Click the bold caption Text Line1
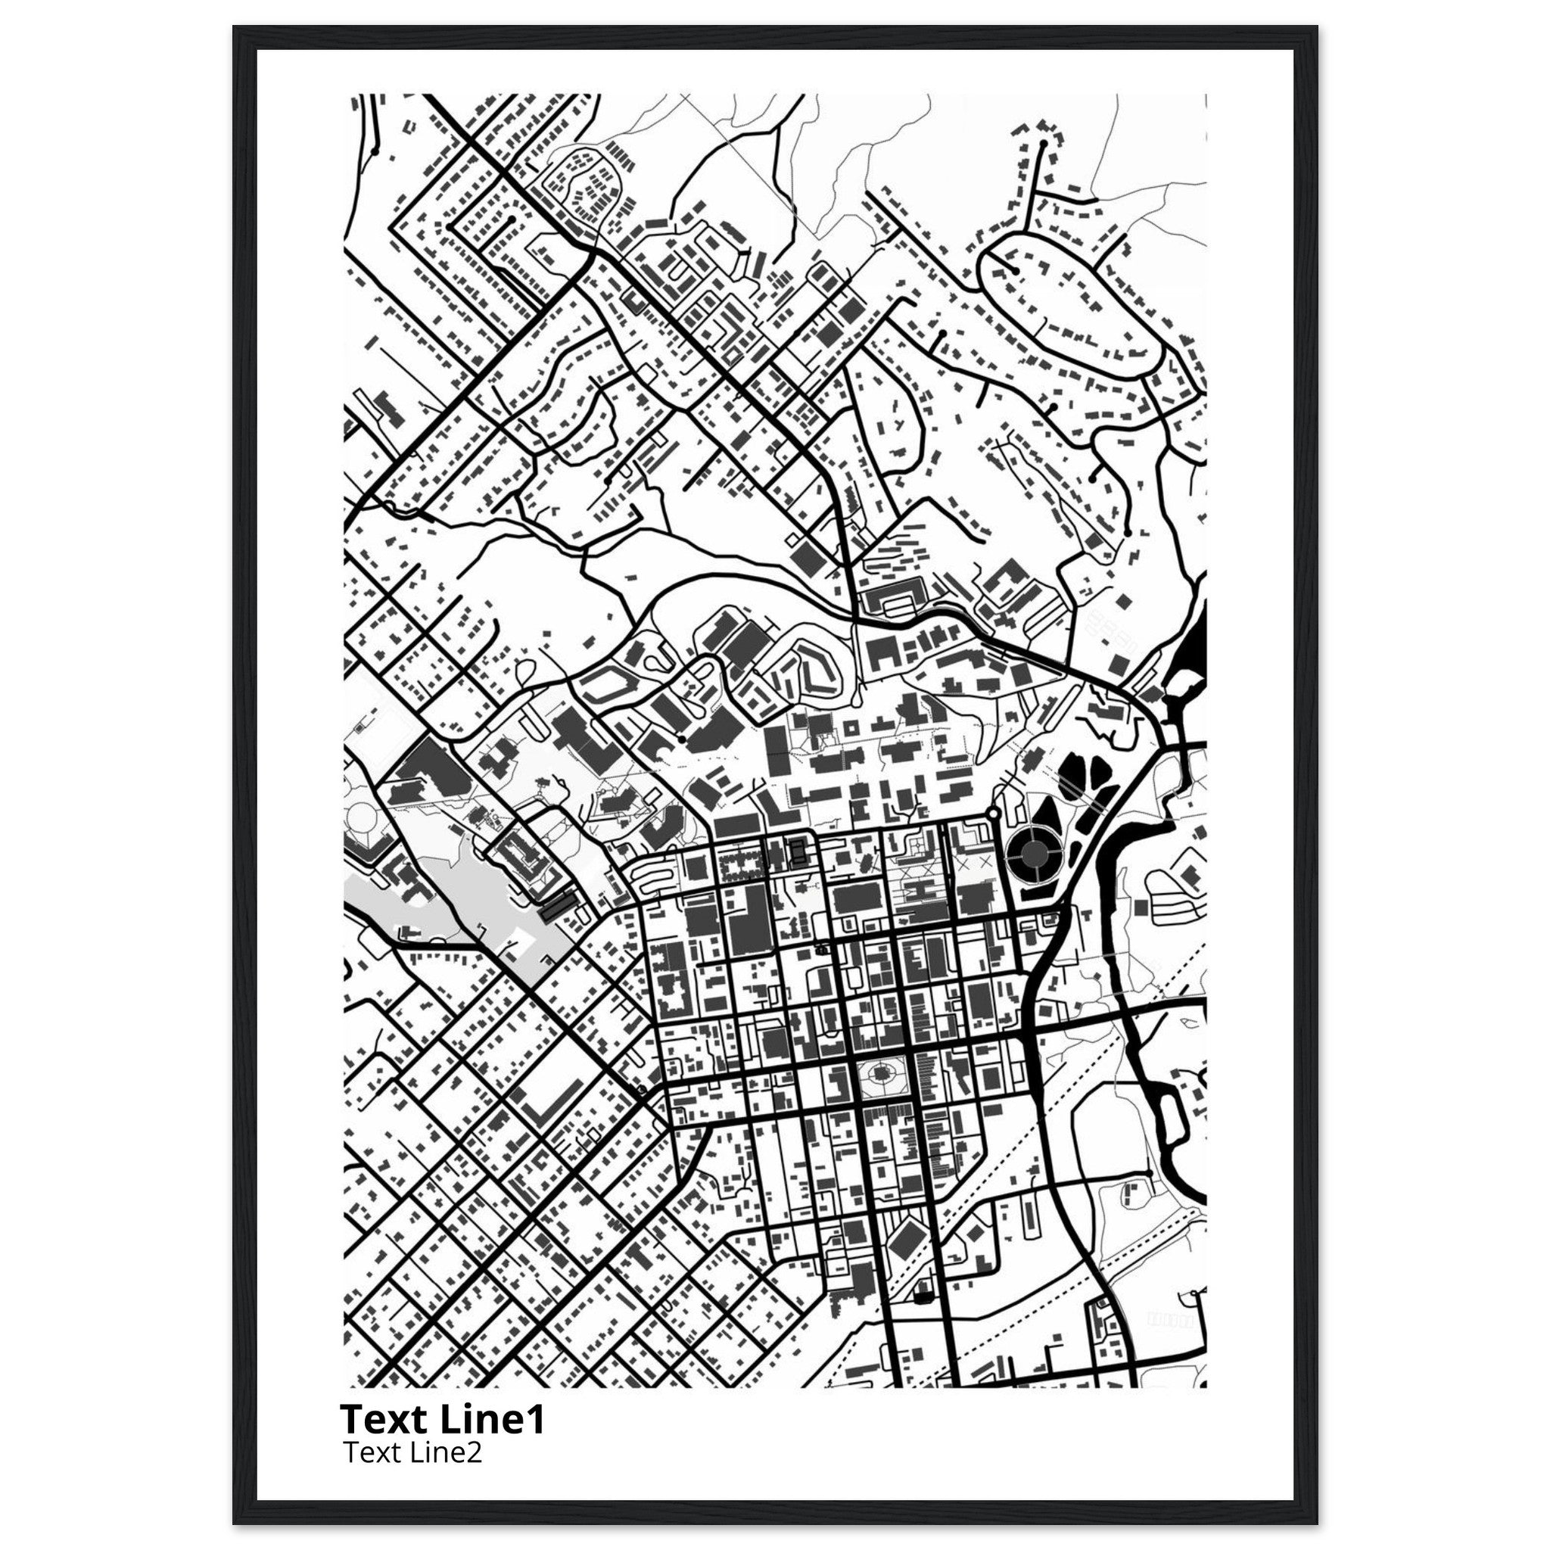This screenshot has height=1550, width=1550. pyautogui.click(x=442, y=1418)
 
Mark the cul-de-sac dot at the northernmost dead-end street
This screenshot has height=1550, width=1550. pyautogui.click(x=1043, y=144)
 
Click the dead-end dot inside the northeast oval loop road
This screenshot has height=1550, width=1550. pyautogui.click(x=1016, y=271)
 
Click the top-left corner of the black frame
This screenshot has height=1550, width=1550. pyautogui.click(x=235, y=26)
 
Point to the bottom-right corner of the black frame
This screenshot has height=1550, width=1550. pyautogui.click(x=1317, y=1524)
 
